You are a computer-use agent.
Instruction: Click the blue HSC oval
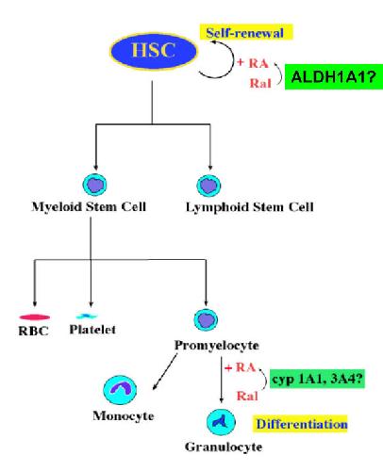[x=154, y=51]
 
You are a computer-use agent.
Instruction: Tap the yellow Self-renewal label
[x=246, y=33]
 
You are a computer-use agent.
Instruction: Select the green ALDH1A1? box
[x=334, y=77]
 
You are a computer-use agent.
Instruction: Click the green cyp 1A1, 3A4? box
[x=317, y=379]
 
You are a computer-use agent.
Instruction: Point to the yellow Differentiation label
[x=301, y=424]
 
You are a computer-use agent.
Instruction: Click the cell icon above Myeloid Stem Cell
[x=94, y=185]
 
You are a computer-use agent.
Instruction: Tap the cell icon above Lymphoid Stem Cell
[x=208, y=186]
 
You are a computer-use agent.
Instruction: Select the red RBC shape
[x=35, y=317]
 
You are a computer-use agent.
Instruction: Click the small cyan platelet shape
[x=87, y=316]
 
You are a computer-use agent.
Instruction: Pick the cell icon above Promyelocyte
[x=206, y=319]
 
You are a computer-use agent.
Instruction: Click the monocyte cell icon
[x=120, y=390]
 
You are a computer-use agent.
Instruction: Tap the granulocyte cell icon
[x=221, y=422]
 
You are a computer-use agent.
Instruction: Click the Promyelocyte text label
[x=217, y=346]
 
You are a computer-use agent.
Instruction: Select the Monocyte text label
[x=124, y=416]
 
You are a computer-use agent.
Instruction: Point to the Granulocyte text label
[x=224, y=447]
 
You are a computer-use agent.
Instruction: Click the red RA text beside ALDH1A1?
[x=258, y=63]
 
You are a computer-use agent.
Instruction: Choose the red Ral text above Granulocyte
[x=247, y=396]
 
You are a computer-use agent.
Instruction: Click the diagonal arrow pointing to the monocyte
[x=165, y=371]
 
